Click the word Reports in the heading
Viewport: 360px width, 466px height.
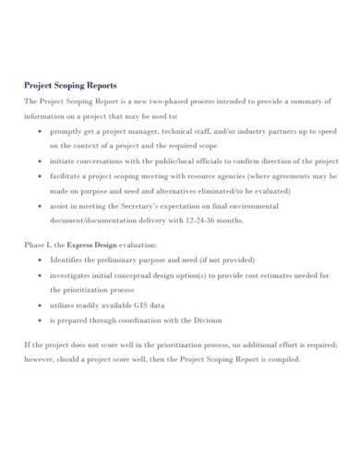coord(102,81)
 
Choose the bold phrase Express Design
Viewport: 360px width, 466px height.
coord(92,245)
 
